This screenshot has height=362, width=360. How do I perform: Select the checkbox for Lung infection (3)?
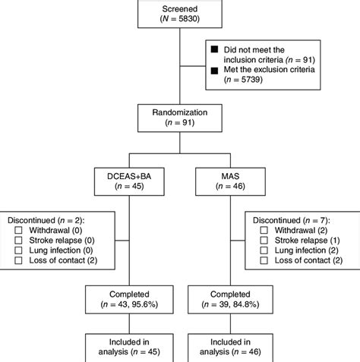click(x=264, y=249)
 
